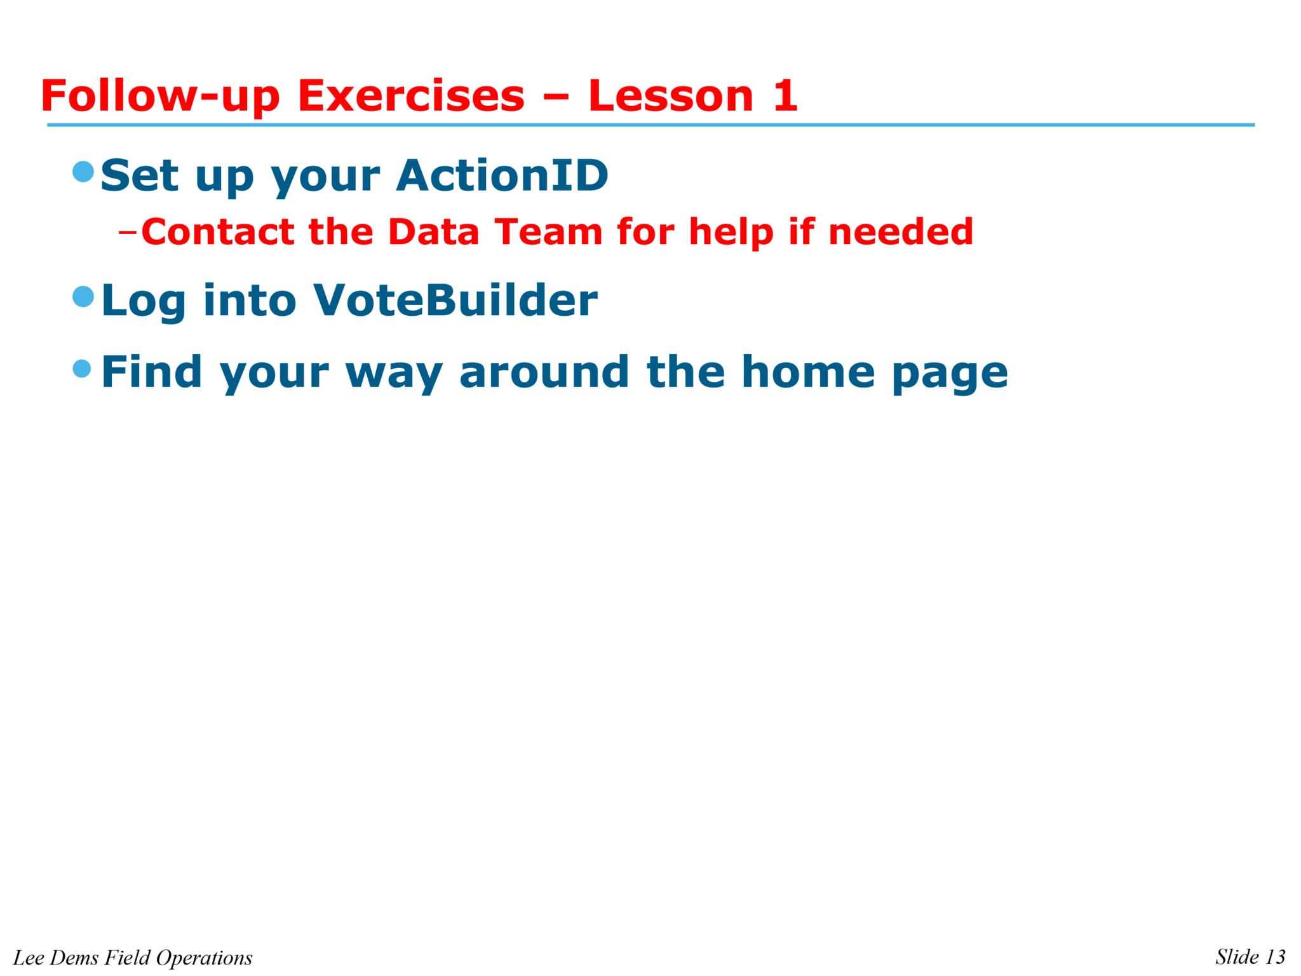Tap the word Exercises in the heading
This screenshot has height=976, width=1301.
click(411, 97)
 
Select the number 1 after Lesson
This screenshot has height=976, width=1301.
click(785, 97)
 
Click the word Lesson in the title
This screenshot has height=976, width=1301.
click(671, 97)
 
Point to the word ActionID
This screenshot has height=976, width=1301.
click(502, 175)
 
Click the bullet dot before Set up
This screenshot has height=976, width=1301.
click(83, 172)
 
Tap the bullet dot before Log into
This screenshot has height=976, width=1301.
click(83, 296)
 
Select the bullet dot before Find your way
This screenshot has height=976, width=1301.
click(82, 369)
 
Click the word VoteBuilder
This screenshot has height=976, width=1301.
click(455, 300)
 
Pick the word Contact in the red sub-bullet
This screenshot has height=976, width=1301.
click(217, 232)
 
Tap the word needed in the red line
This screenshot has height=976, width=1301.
click(900, 232)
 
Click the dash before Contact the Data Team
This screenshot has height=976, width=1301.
click(127, 233)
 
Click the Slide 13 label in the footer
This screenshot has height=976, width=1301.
click(1250, 957)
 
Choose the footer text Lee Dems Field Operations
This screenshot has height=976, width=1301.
click(133, 958)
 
